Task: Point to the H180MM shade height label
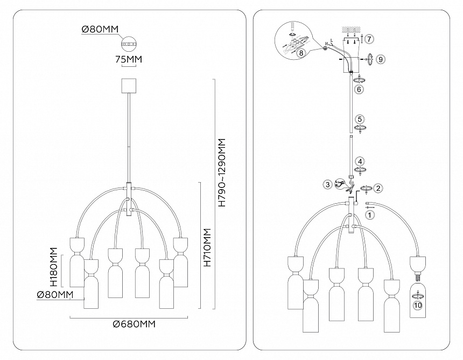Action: [x=53, y=267]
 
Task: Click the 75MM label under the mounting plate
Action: [x=129, y=60]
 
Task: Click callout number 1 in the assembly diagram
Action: [x=369, y=214]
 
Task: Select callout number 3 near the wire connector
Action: [x=327, y=184]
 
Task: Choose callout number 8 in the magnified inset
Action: [x=301, y=52]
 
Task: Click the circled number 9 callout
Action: [x=381, y=59]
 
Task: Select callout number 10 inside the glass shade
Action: [x=417, y=306]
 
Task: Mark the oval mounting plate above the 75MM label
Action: [x=129, y=43]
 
